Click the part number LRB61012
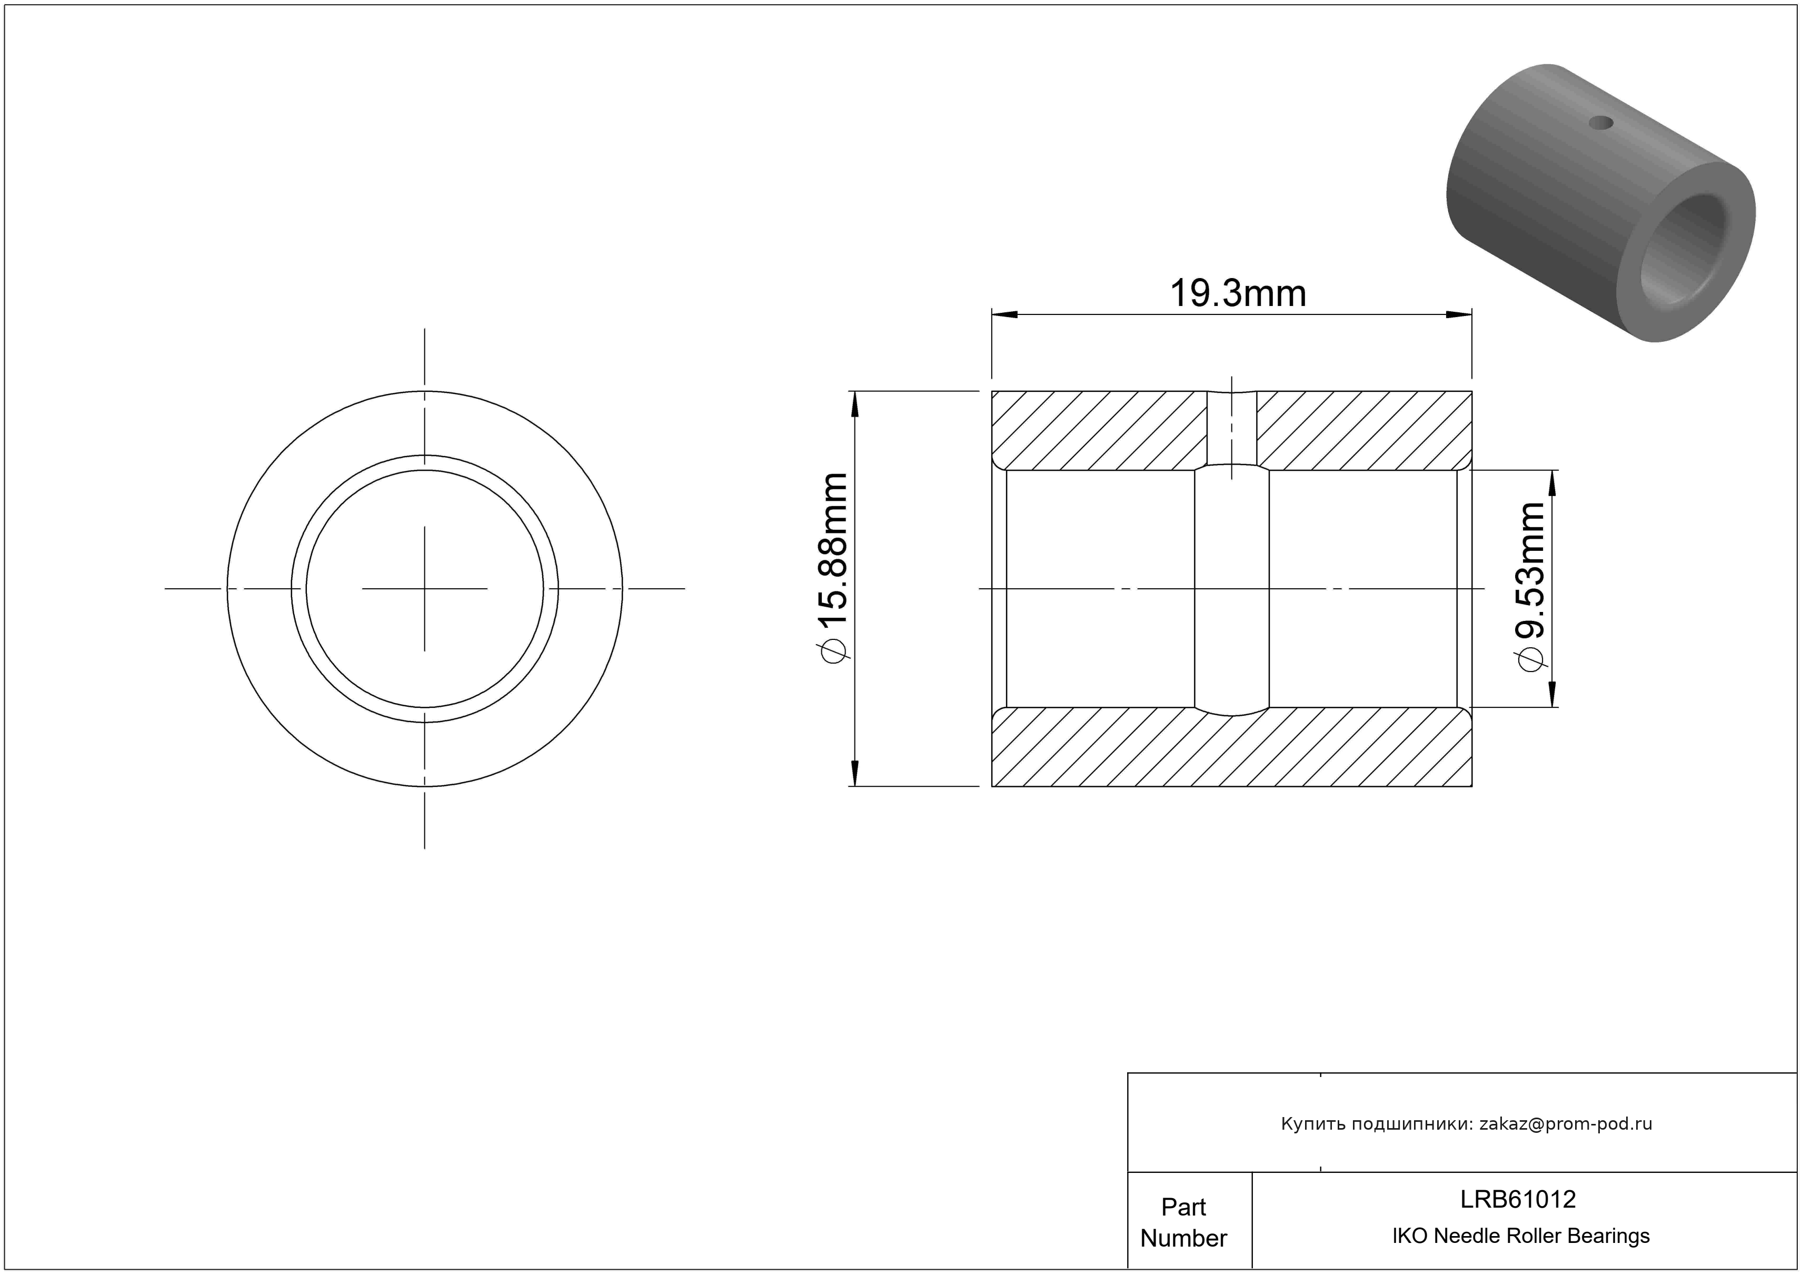tap(1517, 1199)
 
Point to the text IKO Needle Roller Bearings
tap(1520, 1236)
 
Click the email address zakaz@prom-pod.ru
tap(1565, 1123)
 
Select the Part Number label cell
tap(1183, 1222)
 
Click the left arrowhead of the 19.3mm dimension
tap(1004, 315)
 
